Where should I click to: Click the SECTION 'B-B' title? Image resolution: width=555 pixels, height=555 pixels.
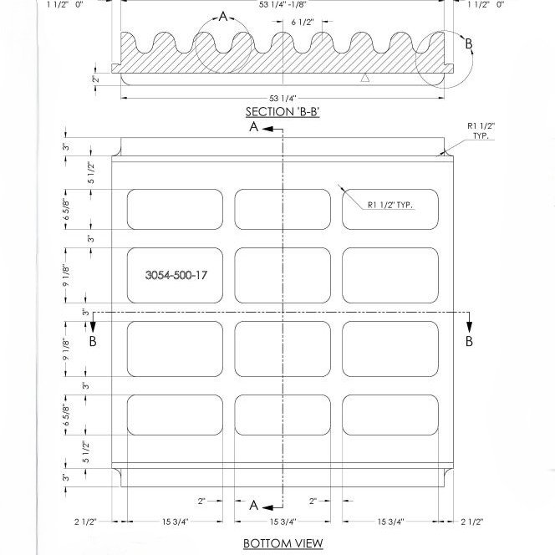[x=283, y=112]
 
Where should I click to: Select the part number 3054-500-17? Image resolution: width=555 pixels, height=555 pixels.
[x=176, y=275]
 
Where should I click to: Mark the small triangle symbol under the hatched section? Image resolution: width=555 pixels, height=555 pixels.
[x=364, y=78]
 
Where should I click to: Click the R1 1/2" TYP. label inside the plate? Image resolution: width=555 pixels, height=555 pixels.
[x=390, y=203]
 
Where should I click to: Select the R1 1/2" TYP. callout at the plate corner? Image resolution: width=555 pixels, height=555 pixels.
[x=481, y=130]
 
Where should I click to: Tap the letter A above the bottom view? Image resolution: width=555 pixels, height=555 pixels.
[x=253, y=128]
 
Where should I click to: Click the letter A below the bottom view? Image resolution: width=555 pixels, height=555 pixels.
[x=253, y=505]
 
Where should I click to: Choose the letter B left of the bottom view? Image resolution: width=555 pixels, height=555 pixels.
[x=93, y=341]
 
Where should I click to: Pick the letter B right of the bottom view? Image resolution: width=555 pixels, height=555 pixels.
[x=469, y=341]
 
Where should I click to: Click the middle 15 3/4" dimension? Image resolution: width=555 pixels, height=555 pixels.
[x=283, y=522]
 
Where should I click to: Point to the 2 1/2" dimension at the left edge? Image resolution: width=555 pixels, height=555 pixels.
[x=84, y=522]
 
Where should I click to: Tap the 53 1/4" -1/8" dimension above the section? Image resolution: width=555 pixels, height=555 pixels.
[x=284, y=4]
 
